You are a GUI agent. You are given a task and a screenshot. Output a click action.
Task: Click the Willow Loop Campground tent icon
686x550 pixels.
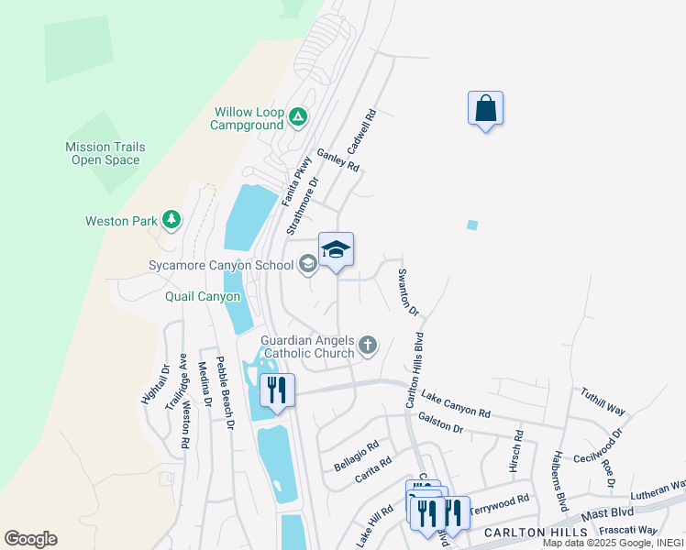(x=297, y=116)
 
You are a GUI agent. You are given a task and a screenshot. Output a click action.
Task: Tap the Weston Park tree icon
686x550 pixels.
(x=171, y=220)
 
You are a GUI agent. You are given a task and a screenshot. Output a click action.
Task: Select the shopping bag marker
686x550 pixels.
(x=485, y=109)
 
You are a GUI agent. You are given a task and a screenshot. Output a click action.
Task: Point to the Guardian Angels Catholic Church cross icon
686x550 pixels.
(x=367, y=346)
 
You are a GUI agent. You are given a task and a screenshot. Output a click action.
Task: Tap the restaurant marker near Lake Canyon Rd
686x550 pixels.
(x=276, y=390)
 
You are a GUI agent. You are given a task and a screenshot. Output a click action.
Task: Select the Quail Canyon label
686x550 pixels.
(x=203, y=296)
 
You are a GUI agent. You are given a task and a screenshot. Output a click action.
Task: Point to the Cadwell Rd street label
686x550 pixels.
(x=363, y=133)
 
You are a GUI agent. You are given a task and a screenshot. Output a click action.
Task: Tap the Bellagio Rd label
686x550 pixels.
(x=356, y=456)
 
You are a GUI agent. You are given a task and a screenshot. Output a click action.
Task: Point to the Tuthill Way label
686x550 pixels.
(x=602, y=401)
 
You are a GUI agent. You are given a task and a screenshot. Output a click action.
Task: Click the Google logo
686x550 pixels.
(x=31, y=539)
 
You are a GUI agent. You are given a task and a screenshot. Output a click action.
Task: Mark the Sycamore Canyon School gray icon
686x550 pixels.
(x=307, y=265)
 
